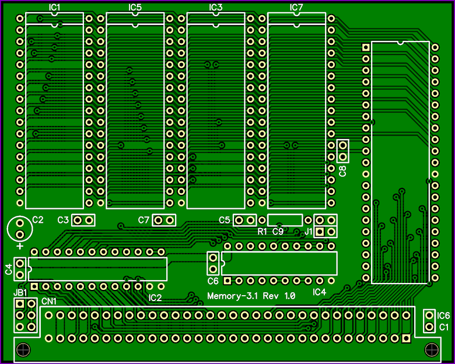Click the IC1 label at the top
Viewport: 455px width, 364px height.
pyautogui.click(x=54, y=7)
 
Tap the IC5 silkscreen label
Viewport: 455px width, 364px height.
pyautogui.click(x=135, y=7)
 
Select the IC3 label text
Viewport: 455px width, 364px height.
pyautogui.click(x=216, y=7)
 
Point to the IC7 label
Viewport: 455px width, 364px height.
pyautogui.click(x=296, y=7)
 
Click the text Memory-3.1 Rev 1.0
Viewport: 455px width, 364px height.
pyautogui.click(x=251, y=296)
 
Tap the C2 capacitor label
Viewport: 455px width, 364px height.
pyautogui.click(x=38, y=220)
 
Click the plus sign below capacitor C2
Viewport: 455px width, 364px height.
pyautogui.click(x=20, y=246)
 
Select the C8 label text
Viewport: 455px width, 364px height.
pyautogui.click(x=342, y=171)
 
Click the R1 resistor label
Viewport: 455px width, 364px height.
pyautogui.click(x=262, y=232)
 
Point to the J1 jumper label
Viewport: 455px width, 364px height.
pyautogui.click(x=308, y=232)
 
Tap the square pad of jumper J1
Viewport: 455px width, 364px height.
pyautogui.click(x=320, y=232)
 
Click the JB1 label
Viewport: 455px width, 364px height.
pyautogui.click(x=20, y=293)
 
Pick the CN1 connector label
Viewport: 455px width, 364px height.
pyautogui.click(x=49, y=302)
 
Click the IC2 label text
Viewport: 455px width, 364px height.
pyautogui.click(x=155, y=298)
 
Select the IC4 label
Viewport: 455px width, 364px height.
pyautogui.click(x=319, y=292)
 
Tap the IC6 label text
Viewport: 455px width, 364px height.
pyautogui.click(x=443, y=316)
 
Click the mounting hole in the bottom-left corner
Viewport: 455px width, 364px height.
pyautogui.click(x=23, y=350)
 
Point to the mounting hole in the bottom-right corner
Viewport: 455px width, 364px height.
pyautogui.click(x=432, y=350)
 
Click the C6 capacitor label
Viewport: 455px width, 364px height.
pyautogui.click(x=213, y=281)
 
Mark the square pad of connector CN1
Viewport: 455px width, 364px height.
pyautogui.click(x=406, y=338)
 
